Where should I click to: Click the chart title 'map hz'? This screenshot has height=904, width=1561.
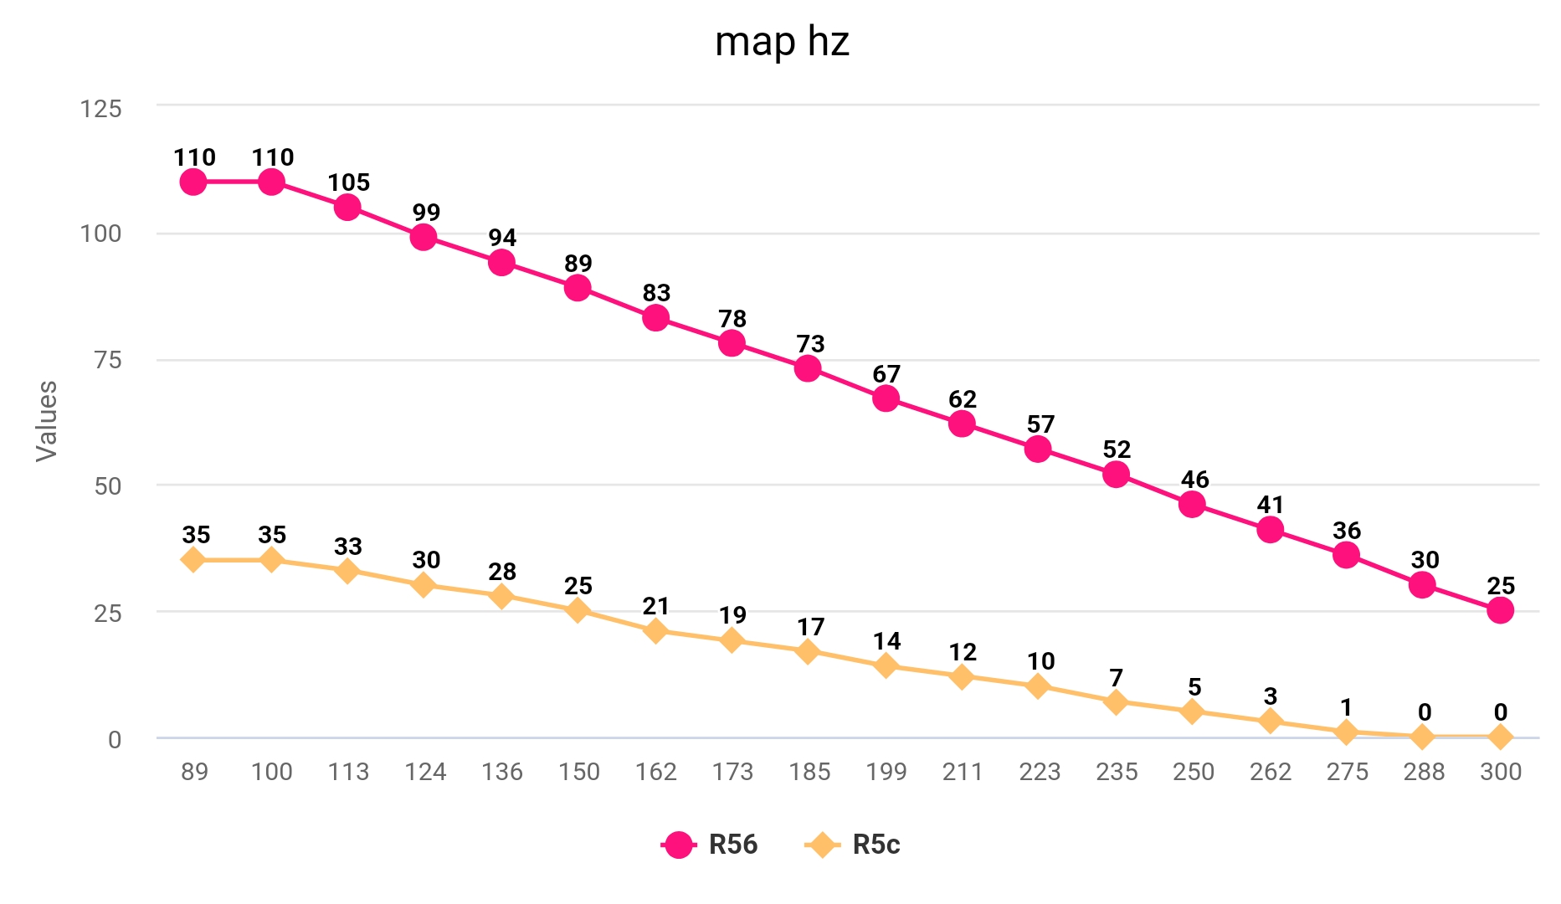tap(782, 42)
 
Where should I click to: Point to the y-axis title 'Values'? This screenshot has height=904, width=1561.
tap(47, 420)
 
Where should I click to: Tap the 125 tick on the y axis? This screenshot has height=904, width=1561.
tap(100, 109)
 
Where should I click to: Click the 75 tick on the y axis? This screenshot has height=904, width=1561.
tap(107, 360)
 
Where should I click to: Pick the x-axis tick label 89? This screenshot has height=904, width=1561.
tap(194, 771)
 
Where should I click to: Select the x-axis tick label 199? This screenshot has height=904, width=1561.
tap(886, 771)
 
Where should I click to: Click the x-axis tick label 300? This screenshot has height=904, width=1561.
tap(1500, 771)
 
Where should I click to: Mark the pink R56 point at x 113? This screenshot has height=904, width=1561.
tap(347, 207)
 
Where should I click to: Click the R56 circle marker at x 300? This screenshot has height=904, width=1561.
tap(1500, 610)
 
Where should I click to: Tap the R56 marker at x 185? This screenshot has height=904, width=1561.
tap(808, 368)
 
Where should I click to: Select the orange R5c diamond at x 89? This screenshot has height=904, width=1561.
tap(193, 560)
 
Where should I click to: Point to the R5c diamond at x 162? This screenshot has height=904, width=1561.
tap(655, 630)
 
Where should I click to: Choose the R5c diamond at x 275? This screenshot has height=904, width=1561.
tap(1346, 732)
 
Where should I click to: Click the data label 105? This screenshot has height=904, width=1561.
tap(348, 182)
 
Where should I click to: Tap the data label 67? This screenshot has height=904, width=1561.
tap(886, 374)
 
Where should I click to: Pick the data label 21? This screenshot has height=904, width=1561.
tap(656, 606)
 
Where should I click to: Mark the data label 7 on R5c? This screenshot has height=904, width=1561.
tap(1116, 677)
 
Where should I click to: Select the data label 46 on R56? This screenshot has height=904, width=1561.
tap(1194, 480)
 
